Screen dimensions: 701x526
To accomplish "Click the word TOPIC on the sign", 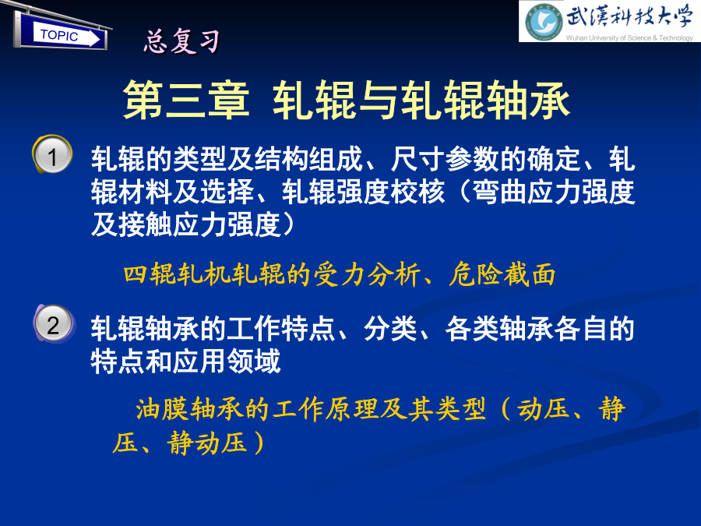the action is pos(59,35).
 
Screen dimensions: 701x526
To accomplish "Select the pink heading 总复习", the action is pos(182,41).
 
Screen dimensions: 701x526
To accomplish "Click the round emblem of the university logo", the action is pos(544,22).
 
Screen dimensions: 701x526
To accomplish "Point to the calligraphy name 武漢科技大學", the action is pos(629,17).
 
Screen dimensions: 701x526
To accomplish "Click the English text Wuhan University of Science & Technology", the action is pos(629,38).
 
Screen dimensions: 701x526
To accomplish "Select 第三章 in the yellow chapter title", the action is pos(186,100).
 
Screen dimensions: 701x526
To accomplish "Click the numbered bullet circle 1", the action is pos(53,155).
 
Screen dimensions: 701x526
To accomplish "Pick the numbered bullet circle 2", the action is pos(54,324).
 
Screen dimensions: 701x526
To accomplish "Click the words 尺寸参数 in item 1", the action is pos(445,159).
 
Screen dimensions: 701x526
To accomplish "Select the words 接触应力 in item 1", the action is pos(173,224).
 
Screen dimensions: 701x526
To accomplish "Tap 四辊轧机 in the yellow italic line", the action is pos(177,274).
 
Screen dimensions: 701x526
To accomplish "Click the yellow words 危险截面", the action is pos(502,274).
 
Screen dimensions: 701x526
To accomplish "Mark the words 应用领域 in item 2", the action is pos(227,362).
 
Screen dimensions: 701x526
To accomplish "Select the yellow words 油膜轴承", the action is pos(190,409).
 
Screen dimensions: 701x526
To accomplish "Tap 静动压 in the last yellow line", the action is pos(207,443).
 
